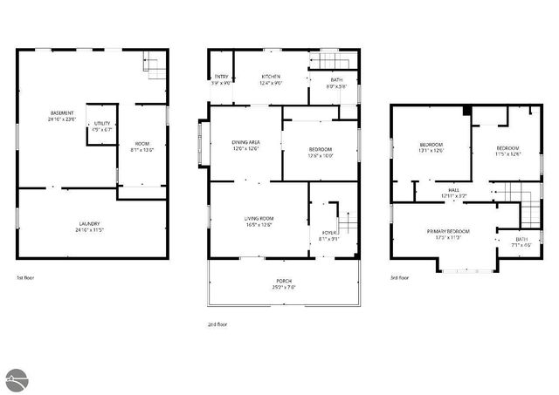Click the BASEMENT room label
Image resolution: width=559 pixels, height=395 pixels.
pyautogui.click(x=62, y=114)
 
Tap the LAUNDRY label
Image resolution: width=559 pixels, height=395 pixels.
pyautogui.click(x=90, y=224)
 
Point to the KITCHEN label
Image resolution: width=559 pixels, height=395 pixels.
pyautogui.click(x=270, y=78)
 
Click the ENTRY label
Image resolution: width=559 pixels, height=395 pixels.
pyautogui.click(x=221, y=78)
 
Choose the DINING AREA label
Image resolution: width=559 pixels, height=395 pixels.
pyautogui.click(x=245, y=142)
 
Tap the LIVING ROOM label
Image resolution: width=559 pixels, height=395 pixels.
pyautogui.click(x=259, y=219)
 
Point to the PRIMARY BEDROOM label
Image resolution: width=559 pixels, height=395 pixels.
pyautogui.click(x=448, y=231)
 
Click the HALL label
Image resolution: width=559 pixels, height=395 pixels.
pyautogui.click(x=454, y=190)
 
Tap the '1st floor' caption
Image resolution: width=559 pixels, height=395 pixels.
pyautogui.click(x=24, y=277)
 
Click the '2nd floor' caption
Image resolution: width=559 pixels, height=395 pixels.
pyautogui.click(x=217, y=323)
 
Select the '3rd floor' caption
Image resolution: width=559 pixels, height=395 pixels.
pyautogui.click(x=400, y=277)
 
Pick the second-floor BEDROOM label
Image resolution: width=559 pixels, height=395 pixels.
pyautogui.click(x=321, y=150)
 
